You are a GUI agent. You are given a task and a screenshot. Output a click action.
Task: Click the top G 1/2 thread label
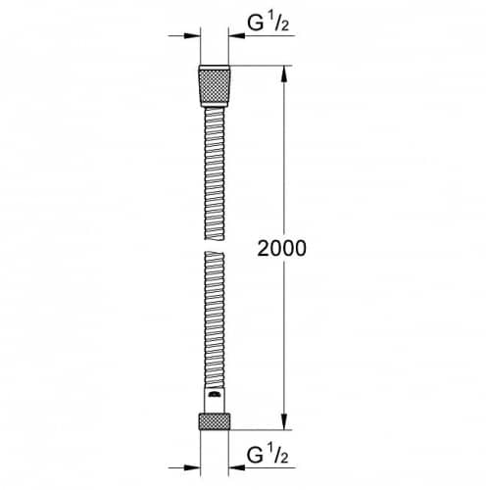[x=267, y=23]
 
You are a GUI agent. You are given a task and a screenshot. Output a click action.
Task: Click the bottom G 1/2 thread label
[x=267, y=455]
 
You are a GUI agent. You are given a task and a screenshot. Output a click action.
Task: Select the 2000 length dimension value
[x=282, y=248]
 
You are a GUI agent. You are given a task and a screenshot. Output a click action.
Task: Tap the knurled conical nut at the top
[x=215, y=86]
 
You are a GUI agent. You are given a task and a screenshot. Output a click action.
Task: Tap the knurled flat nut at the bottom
[x=215, y=421]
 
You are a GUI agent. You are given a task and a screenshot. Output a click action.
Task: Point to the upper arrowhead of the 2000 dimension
[x=284, y=73]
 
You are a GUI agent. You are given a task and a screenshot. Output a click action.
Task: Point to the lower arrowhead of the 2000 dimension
[x=284, y=421]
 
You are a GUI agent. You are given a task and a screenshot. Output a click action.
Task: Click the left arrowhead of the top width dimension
[x=192, y=35]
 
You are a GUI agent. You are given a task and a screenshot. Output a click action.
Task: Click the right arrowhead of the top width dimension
[x=236, y=35]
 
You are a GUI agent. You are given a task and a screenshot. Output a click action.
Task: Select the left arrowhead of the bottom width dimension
[x=192, y=467]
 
